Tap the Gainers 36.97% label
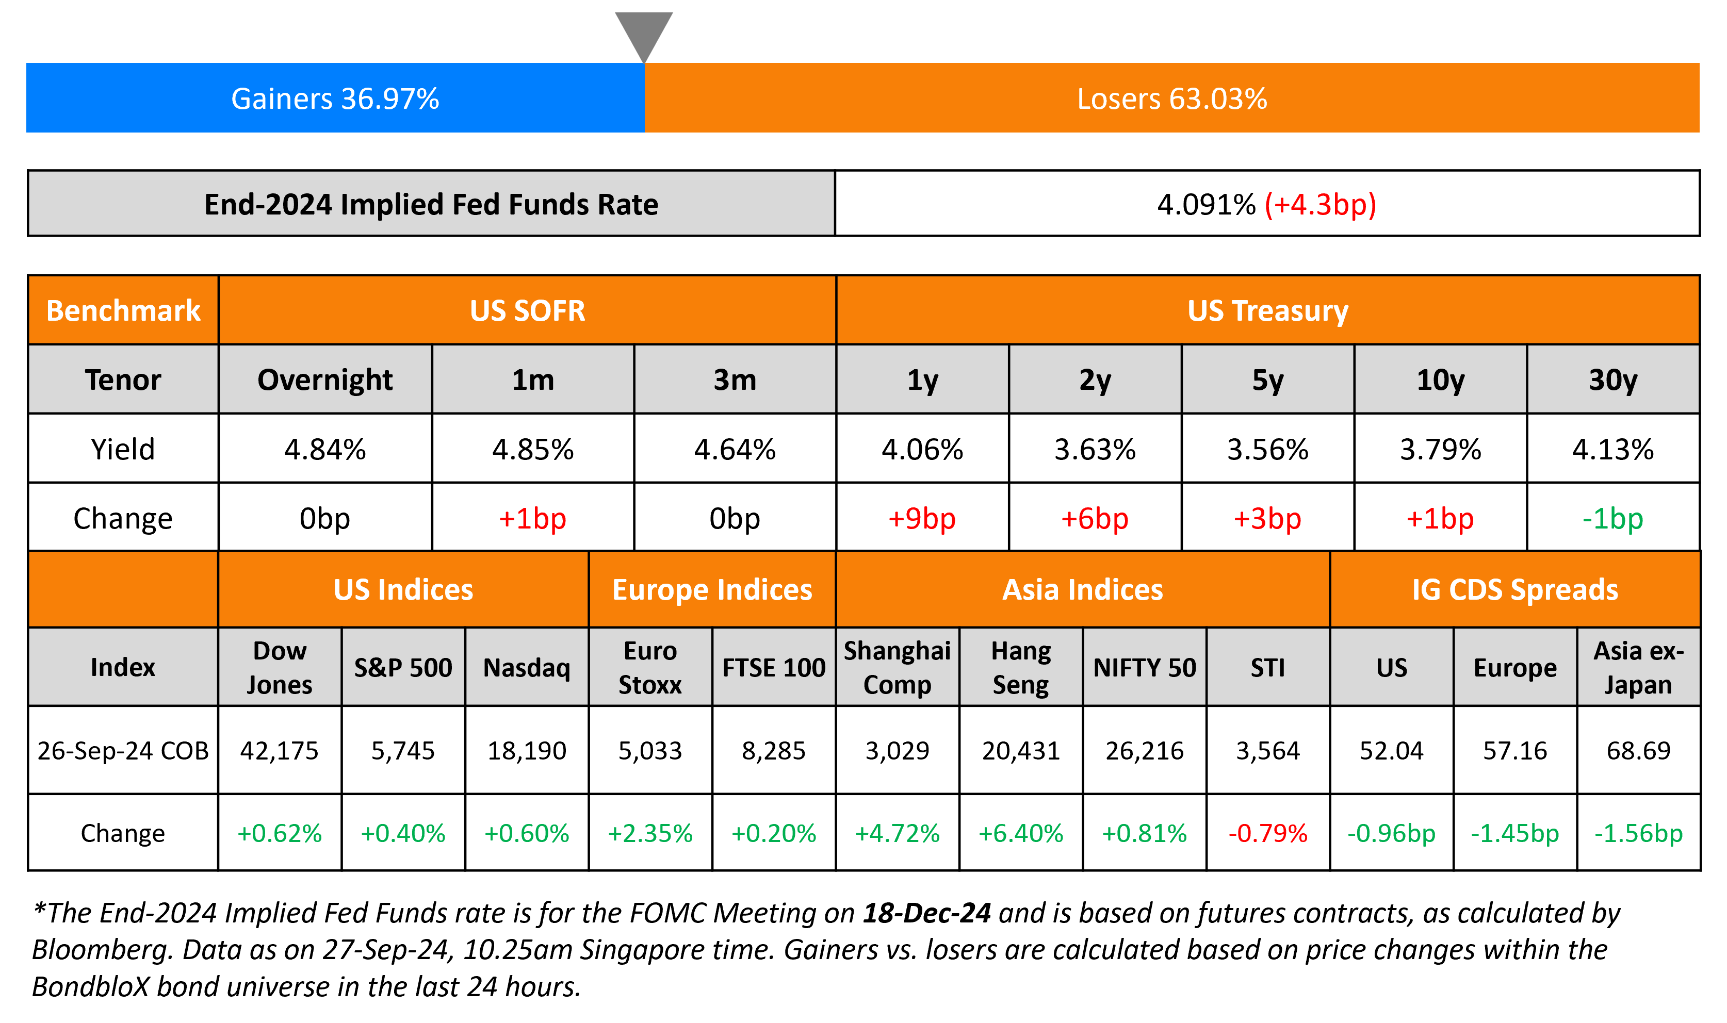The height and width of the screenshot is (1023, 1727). coord(335,98)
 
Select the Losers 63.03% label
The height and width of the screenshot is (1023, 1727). coord(1172,98)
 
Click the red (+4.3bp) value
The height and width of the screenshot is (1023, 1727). coord(1320,205)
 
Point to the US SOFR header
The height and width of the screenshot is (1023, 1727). coord(527,311)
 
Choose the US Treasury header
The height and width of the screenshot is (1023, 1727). coord(1267,311)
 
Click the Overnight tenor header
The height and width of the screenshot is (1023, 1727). coord(325,380)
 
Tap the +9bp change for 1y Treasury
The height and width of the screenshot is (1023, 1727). coord(922,518)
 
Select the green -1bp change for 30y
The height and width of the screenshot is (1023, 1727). coord(1612,518)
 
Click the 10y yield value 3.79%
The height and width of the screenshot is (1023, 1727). coord(1440,450)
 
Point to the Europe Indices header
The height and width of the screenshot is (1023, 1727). coord(712,590)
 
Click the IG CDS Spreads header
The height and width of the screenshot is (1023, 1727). coord(1514,590)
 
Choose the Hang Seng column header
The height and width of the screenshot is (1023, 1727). coord(1020,667)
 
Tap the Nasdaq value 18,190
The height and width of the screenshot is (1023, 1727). coord(527,751)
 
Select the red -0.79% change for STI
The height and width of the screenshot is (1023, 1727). coord(1268,833)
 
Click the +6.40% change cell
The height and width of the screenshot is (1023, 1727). coord(1020,833)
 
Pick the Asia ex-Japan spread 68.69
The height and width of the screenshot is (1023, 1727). coord(1638,751)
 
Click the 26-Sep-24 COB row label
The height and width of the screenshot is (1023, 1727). coord(123,751)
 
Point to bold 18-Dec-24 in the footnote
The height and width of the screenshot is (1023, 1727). coord(926,913)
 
